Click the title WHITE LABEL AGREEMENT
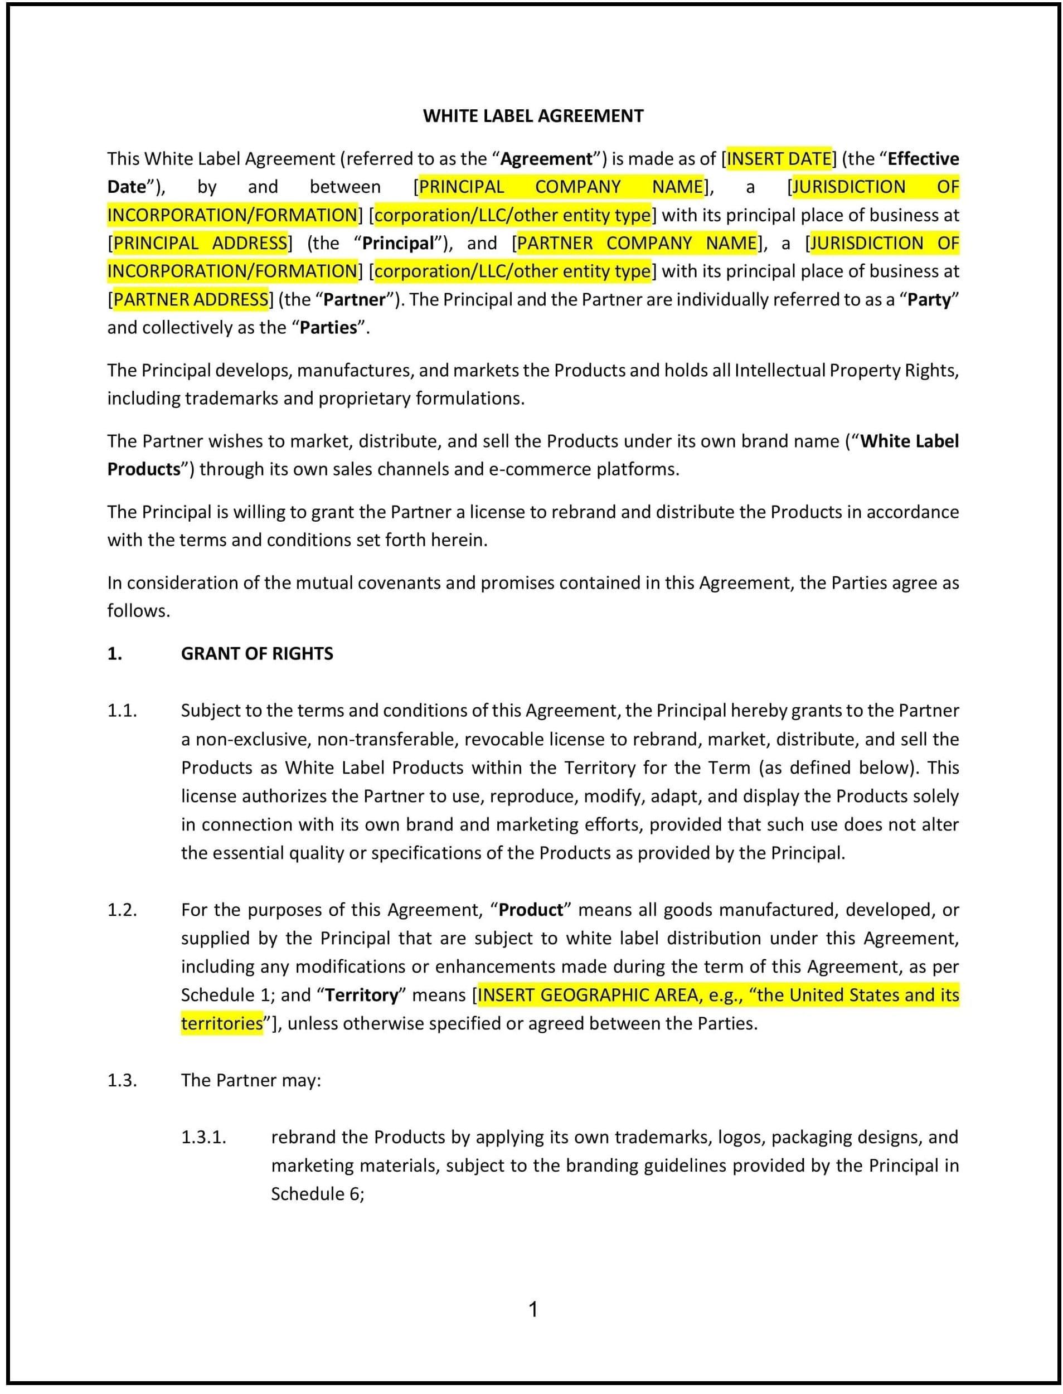point(533,116)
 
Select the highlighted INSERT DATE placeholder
point(779,158)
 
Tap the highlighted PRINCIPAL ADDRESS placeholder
point(200,243)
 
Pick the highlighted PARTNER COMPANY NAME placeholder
point(637,243)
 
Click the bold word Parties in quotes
point(328,328)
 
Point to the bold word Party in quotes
point(929,299)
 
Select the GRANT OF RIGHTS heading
point(257,654)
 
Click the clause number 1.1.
point(122,711)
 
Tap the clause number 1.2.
point(122,910)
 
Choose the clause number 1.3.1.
point(204,1137)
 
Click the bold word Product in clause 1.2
point(530,910)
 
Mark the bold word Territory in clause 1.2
point(362,995)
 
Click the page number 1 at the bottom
point(533,1309)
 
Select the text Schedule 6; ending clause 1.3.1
point(318,1194)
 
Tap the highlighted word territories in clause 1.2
point(221,1024)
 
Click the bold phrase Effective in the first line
point(923,158)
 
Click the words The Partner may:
point(251,1080)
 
